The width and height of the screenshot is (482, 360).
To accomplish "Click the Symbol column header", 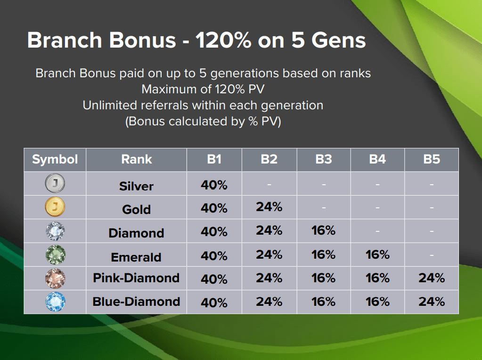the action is [55, 160].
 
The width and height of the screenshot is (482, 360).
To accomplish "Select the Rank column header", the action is [137, 159].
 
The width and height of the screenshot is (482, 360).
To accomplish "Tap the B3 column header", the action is [324, 159].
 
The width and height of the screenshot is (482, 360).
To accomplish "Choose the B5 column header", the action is [432, 159].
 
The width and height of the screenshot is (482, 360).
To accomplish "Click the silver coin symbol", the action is [55, 183].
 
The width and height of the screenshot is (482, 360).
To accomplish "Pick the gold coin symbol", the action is [55, 207].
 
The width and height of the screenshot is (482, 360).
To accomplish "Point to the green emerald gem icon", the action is [55, 254].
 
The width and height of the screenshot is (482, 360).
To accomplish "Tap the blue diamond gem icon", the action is [55, 302].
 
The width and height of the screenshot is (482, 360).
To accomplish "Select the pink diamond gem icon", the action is [55, 278].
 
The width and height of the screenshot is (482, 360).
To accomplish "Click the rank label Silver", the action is [136, 186].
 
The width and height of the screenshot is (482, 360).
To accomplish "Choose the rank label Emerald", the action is [136, 257].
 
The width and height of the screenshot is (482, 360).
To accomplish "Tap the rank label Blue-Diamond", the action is [136, 302].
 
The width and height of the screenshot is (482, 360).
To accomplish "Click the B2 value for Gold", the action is [269, 207].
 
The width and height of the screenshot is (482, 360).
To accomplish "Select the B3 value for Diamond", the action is [323, 230].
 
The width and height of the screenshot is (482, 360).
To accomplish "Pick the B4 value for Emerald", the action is [377, 254].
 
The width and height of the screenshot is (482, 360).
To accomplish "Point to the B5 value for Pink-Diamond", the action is [432, 278].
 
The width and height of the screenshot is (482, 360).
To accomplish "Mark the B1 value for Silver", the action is [214, 185].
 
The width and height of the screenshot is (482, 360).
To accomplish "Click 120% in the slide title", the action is [224, 40].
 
